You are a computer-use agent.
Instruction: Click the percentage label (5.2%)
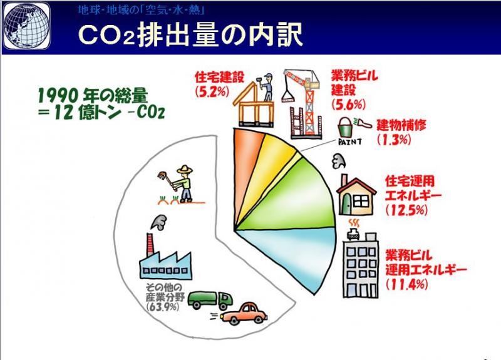click(212, 91)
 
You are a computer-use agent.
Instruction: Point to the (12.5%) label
click(406, 210)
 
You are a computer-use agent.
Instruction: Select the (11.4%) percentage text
click(406, 284)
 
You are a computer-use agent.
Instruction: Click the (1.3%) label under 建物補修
click(394, 140)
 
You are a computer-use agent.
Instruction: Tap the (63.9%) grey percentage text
click(162, 307)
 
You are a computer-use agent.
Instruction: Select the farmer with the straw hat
click(179, 183)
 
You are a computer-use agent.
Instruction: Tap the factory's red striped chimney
click(150, 244)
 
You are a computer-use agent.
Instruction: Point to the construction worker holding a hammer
click(267, 87)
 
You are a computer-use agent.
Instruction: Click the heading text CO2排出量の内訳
click(190, 35)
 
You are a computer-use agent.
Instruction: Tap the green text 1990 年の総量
click(93, 95)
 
